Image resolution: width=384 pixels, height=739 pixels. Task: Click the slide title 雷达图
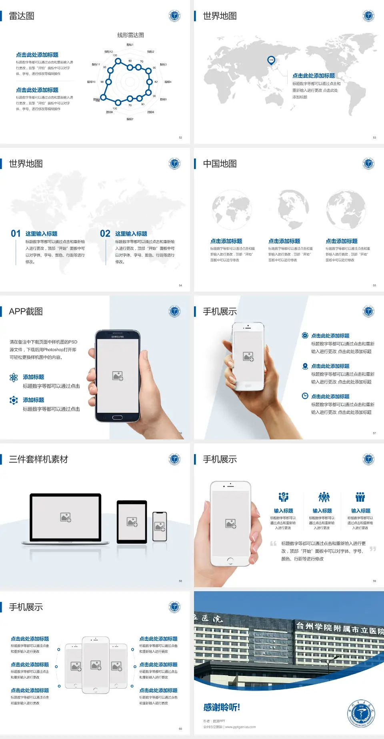click(22, 16)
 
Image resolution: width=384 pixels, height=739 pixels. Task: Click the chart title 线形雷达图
click(130, 35)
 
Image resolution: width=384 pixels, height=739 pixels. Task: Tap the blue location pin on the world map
click(271, 60)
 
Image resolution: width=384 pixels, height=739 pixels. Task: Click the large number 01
click(16, 234)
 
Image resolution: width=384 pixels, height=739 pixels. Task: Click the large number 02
click(105, 234)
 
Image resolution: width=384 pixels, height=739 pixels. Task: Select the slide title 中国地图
click(220, 164)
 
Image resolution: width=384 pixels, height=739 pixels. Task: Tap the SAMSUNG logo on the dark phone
click(118, 337)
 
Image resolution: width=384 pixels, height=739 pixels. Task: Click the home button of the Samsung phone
click(117, 417)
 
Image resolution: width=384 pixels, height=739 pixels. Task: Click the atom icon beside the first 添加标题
click(14, 377)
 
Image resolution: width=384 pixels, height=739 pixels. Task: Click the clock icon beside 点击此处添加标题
click(305, 396)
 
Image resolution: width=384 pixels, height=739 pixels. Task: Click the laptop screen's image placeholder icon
click(66, 517)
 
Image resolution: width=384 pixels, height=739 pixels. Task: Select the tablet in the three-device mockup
click(132, 522)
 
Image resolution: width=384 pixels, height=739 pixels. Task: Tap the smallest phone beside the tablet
click(160, 526)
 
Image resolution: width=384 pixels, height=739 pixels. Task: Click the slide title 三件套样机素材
click(38, 459)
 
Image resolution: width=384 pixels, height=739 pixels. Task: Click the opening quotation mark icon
click(273, 544)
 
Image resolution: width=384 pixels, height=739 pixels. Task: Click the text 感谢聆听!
click(222, 707)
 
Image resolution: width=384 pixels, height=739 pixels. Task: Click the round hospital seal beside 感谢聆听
click(361, 714)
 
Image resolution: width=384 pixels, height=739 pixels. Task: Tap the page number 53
click(374, 137)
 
